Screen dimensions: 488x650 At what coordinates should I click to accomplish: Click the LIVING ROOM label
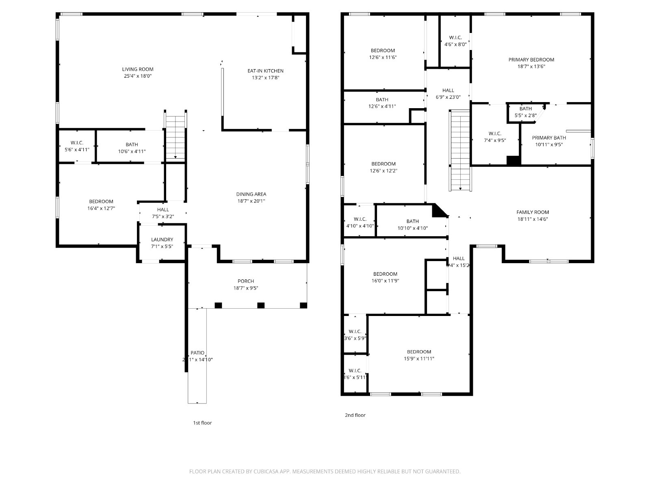(x=138, y=69)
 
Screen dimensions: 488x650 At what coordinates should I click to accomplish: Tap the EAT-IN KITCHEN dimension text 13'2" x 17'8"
(x=265, y=77)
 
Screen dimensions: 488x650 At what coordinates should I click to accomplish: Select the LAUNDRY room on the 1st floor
(x=162, y=242)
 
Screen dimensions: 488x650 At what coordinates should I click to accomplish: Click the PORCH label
(x=246, y=281)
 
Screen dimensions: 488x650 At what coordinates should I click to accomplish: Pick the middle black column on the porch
(x=261, y=305)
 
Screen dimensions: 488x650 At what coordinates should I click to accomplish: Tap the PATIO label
(x=197, y=353)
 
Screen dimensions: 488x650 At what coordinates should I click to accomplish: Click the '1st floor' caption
(x=202, y=423)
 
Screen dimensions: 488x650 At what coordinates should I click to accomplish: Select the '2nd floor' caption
(x=355, y=415)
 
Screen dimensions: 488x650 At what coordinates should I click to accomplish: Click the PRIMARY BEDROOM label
(x=531, y=60)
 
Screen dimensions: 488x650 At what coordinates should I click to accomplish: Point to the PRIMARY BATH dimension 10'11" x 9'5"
(x=549, y=144)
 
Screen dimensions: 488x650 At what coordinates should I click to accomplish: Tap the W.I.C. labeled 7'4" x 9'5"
(x=495, y=137)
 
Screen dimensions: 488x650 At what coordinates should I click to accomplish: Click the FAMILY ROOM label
(x=533, y=212)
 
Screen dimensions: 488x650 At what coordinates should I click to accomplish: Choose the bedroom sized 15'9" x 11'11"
(x=419, y=355)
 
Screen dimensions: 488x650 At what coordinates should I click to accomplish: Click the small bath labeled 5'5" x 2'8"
(x=525, y=112)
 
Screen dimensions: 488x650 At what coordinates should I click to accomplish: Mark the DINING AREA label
(x=251, y=194)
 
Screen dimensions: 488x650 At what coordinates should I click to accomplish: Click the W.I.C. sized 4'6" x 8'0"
(x=455, y=41)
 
